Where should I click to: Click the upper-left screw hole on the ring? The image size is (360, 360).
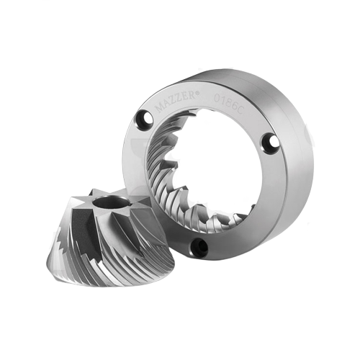click(145, 118)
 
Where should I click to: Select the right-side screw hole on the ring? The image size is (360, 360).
click(271, 142)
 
